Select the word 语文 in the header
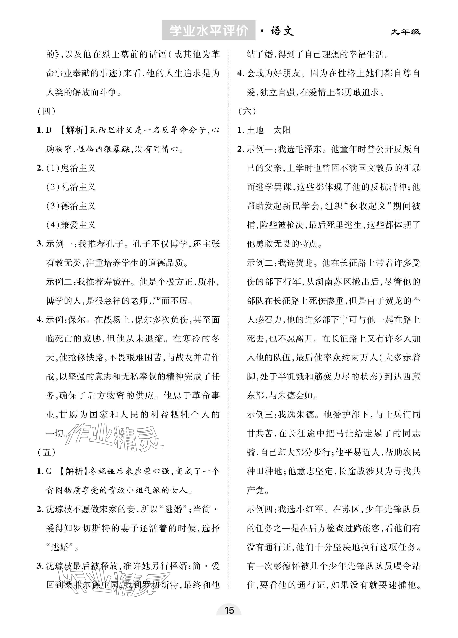pos(282,31)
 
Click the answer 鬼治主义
pos(78,168)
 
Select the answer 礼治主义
pos(78,187)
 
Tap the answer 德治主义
pos(78,206)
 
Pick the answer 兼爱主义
pos(78,225)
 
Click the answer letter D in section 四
pos(49,130)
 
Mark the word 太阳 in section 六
pos(282,130)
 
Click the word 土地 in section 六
pos(255,130)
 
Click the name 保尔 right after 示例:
pos(77,320)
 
